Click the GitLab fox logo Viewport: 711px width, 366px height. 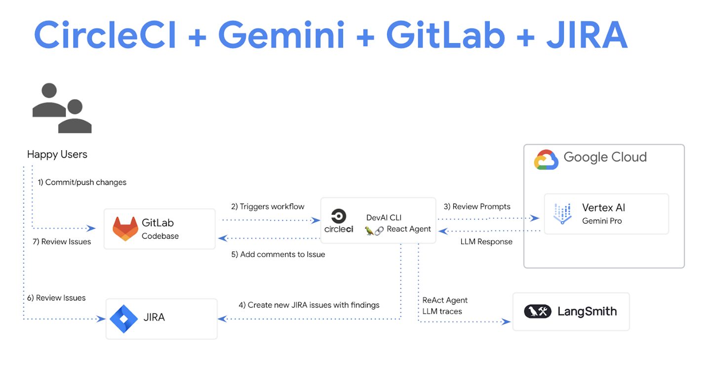pos(125,229)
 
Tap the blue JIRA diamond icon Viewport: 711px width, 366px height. pos(123,319)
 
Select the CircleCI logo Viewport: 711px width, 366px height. pos(339,221)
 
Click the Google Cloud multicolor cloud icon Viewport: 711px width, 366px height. pos(546,160)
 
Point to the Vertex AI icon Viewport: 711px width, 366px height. pos(562,214)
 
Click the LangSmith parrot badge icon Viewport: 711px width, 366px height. pos(537,311)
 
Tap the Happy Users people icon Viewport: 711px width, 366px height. pos(61,108)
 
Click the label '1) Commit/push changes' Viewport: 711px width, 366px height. pos(82,182)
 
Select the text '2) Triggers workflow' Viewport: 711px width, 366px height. pos(268,206)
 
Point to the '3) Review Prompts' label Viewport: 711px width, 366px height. pos(476,206)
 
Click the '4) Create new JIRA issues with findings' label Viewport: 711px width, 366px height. pos(309,305)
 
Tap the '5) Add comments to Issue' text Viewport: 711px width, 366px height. pos(278,254)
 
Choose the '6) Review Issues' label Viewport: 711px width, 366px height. pos(56,298)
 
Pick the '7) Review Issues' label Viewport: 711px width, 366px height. pos(62,242)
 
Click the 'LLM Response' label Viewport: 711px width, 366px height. pos(486,242)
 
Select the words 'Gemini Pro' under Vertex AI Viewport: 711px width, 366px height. pos(602,221)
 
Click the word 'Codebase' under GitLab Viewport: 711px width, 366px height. pos(160,236)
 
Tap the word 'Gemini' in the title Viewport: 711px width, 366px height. pos(281,35)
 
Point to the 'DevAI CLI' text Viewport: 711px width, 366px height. pos(384,217)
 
